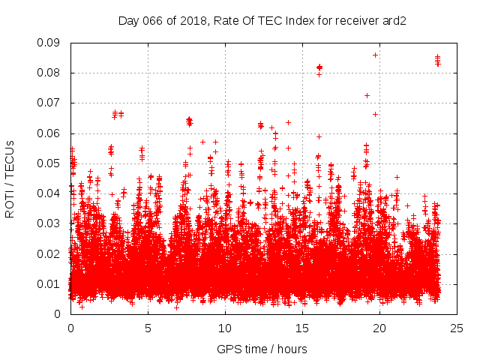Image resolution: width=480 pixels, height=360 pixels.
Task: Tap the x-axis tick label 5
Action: tap(148, 328)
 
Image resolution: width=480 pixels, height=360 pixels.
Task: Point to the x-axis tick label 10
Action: tap(225, 328)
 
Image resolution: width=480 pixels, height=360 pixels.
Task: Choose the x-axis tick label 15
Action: tap(302, 328)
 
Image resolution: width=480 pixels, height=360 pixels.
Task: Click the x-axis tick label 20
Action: tap(379, 328)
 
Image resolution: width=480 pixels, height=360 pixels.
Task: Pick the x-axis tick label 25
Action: tap(457, 328)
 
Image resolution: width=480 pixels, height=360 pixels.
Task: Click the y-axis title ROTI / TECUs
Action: tap(10, 178)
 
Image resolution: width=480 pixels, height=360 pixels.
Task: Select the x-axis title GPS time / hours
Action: tap(262, 349)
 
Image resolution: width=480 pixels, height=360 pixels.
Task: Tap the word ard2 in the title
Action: tap(394, 20)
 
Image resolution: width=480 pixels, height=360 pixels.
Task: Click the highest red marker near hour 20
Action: tap(375, 55)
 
